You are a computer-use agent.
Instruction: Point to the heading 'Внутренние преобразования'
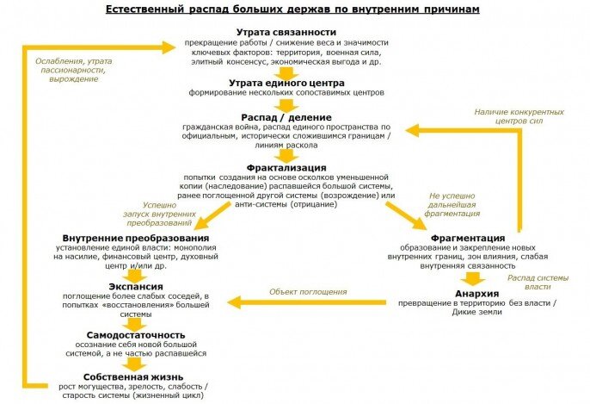coord(136,237)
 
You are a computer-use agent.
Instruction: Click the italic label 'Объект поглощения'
coord(308,292)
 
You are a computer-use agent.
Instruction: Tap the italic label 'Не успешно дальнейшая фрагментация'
coord(454,204)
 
